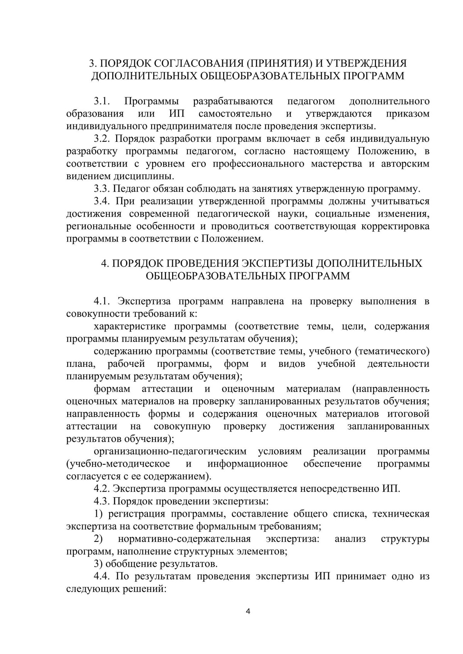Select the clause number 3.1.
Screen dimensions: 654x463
click(102, 101)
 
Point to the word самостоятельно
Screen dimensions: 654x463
click(235, 114)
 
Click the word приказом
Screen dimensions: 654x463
click(407, 114)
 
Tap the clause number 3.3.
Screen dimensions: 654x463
click(102, 189)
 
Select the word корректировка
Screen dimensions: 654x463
click(395, 226)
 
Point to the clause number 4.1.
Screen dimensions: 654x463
click(102, 301)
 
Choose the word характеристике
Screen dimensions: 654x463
click(130, 326)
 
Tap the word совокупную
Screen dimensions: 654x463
click(182, 427)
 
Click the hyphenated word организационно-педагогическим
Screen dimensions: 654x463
click(170, 451)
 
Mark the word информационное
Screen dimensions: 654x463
click(248, 464)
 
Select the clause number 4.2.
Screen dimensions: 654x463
click(102, 489)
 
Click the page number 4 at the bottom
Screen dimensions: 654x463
click(248, 612)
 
